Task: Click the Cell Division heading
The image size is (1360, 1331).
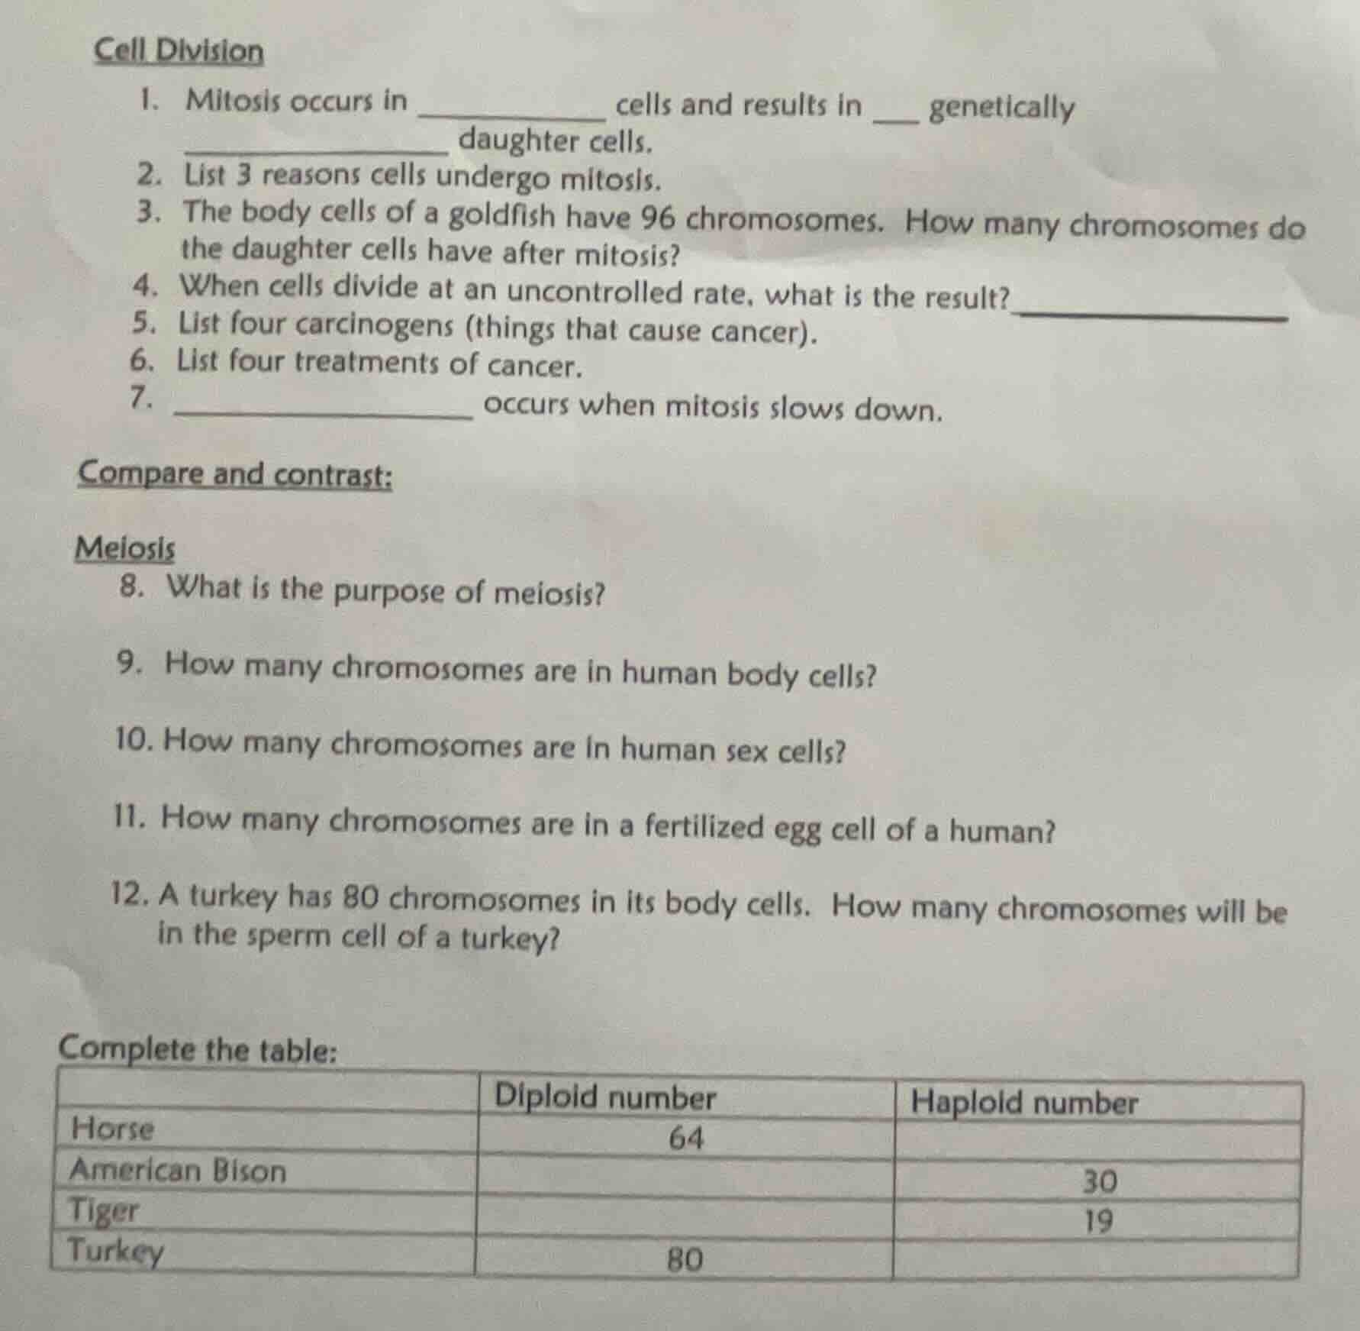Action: pyautogui.click(x=179, y=52)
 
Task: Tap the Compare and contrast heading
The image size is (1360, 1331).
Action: pyautogui.click(x=235, y=474)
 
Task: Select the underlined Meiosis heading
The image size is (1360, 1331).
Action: pyautogui.click(x=125, y=548)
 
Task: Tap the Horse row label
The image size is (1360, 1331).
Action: pyautogui.click(x=112, y=1129)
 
